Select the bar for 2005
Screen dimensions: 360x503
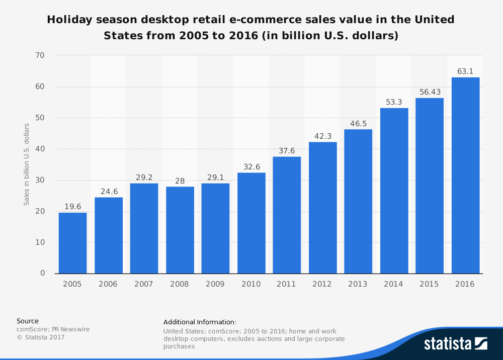pos(72,243)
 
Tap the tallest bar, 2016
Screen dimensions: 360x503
pos(465,175)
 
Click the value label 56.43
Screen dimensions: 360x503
pos(430,92)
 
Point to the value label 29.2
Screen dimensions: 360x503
pos(144,177)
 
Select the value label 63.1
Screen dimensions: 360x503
pos(465,71)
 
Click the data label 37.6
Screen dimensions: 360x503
pos(287,151)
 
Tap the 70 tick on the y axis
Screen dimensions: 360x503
pos(40,55)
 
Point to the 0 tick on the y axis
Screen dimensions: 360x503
pos(42,274)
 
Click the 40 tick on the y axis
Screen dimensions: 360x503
pos(40,149)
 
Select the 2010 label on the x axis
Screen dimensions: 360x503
pos(251,284)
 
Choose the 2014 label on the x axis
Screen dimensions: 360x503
pos(394,284)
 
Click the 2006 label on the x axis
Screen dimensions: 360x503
pos(108,284)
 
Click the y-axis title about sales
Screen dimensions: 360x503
pos(27,164)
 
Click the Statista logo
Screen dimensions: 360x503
pos(455,343)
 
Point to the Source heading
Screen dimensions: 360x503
pos(27,321)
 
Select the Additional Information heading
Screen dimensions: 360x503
pos(200,322)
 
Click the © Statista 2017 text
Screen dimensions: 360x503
pos(41,337)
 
